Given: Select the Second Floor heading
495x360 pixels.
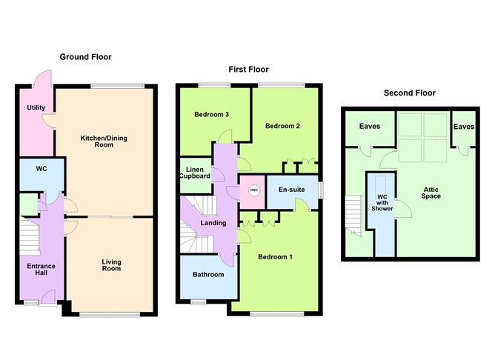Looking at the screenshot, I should (x=409, y=93).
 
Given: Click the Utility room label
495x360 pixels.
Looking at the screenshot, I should (x=36, y=108).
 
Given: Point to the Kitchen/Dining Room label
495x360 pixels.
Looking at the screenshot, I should (x=107, y=141).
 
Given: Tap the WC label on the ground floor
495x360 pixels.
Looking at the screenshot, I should (x=41, y=169).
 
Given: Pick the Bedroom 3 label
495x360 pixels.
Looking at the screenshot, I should (x=211, y=115).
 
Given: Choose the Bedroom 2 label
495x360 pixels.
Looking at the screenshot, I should (x=282, y=126).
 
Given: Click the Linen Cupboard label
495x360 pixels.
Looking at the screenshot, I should (x=196, y=172).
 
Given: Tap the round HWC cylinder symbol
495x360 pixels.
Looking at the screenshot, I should (x=253, y=190).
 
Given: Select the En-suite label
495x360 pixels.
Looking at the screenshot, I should (x=291, y=190).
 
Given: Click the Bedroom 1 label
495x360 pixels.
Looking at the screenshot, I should (x=275, y=257).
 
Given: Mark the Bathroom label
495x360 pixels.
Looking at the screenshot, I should (x=208, y=275).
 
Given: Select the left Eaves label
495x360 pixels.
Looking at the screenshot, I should (x=370, y=127).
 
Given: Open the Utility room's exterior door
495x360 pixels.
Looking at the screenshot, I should (x=41, y=79).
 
